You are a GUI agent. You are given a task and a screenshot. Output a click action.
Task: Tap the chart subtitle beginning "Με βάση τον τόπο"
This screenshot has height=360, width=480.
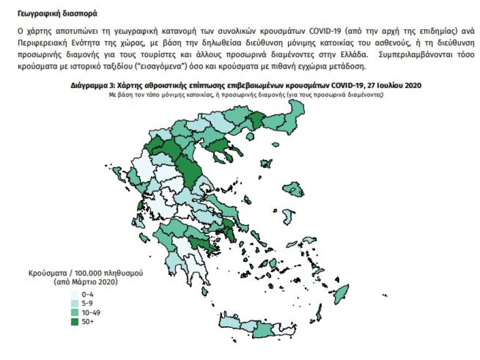(245, 94)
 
